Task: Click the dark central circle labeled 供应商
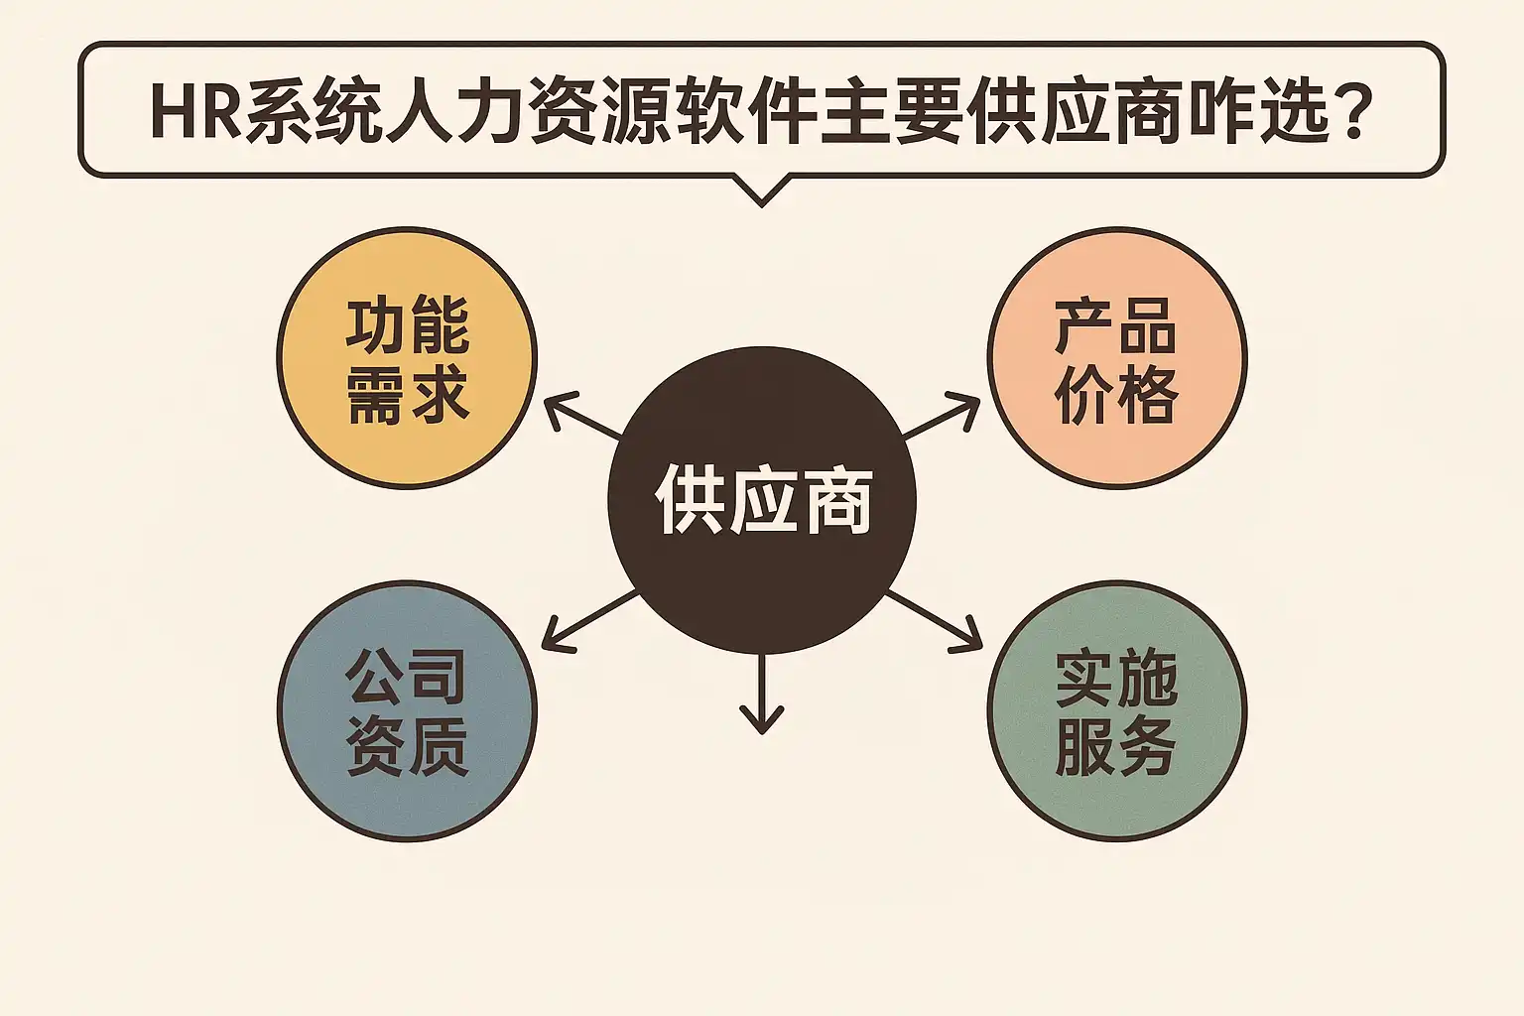pos(761,500)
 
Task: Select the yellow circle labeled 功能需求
pos(407,357)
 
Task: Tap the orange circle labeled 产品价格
pos(1116,357)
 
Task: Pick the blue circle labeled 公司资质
pos(407,710)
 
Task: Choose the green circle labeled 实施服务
pos(1116,710)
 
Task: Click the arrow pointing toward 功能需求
pos(581,416)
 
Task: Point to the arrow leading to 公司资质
pos(587,621)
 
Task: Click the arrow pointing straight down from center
pos(761,695)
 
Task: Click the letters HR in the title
pos(195,111)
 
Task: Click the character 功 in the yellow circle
pos(376,324)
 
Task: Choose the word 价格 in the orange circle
pos(1116,395)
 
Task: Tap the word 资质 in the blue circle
pos(407,746)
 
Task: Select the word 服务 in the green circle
pos(1116,746)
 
